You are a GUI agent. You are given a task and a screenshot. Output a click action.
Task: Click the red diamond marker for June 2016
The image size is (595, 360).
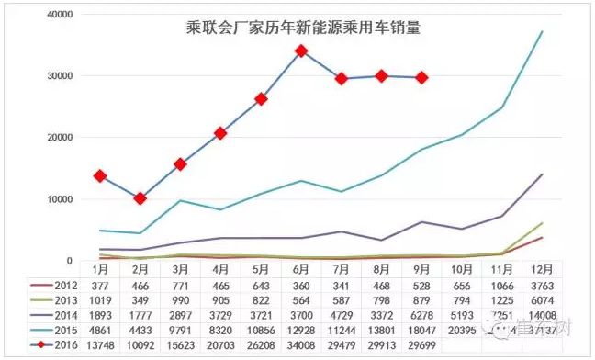(301, 51)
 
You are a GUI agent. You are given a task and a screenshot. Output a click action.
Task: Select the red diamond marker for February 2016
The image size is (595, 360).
(140, 198)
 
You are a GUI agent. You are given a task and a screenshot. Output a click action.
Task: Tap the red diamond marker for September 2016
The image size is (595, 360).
(421, 78)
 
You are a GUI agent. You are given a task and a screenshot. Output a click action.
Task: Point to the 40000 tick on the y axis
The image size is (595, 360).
(60, 15)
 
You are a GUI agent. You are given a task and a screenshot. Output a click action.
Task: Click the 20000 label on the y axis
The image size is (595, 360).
(60, 138)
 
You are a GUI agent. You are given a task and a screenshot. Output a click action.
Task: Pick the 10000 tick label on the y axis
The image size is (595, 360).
(60, 199)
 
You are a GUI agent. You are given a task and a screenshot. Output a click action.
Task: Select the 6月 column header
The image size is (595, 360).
(300, 270)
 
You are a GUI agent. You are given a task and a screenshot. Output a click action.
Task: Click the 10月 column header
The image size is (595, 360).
(462, 270)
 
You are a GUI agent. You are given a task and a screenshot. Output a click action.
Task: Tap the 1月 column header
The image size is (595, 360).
(99, 270)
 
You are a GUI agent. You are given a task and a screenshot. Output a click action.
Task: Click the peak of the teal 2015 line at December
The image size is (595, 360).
(543, 32)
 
